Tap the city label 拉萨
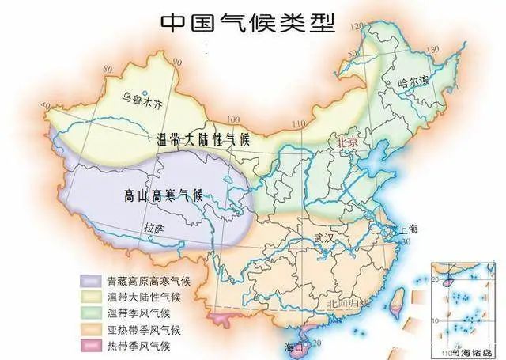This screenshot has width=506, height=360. (x=155, y=229)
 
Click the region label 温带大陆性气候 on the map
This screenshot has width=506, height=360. (x=202, y=139)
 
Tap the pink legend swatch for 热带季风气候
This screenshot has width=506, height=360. (x=91, y=346)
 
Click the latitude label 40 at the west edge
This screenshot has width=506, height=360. (x=44, y=105)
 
